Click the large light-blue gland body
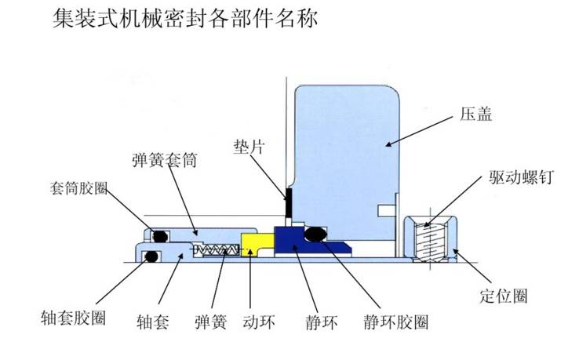click(x=345, y=149)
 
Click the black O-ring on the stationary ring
click(x=315, y=233)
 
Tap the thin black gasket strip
click(x=288, y=202)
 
